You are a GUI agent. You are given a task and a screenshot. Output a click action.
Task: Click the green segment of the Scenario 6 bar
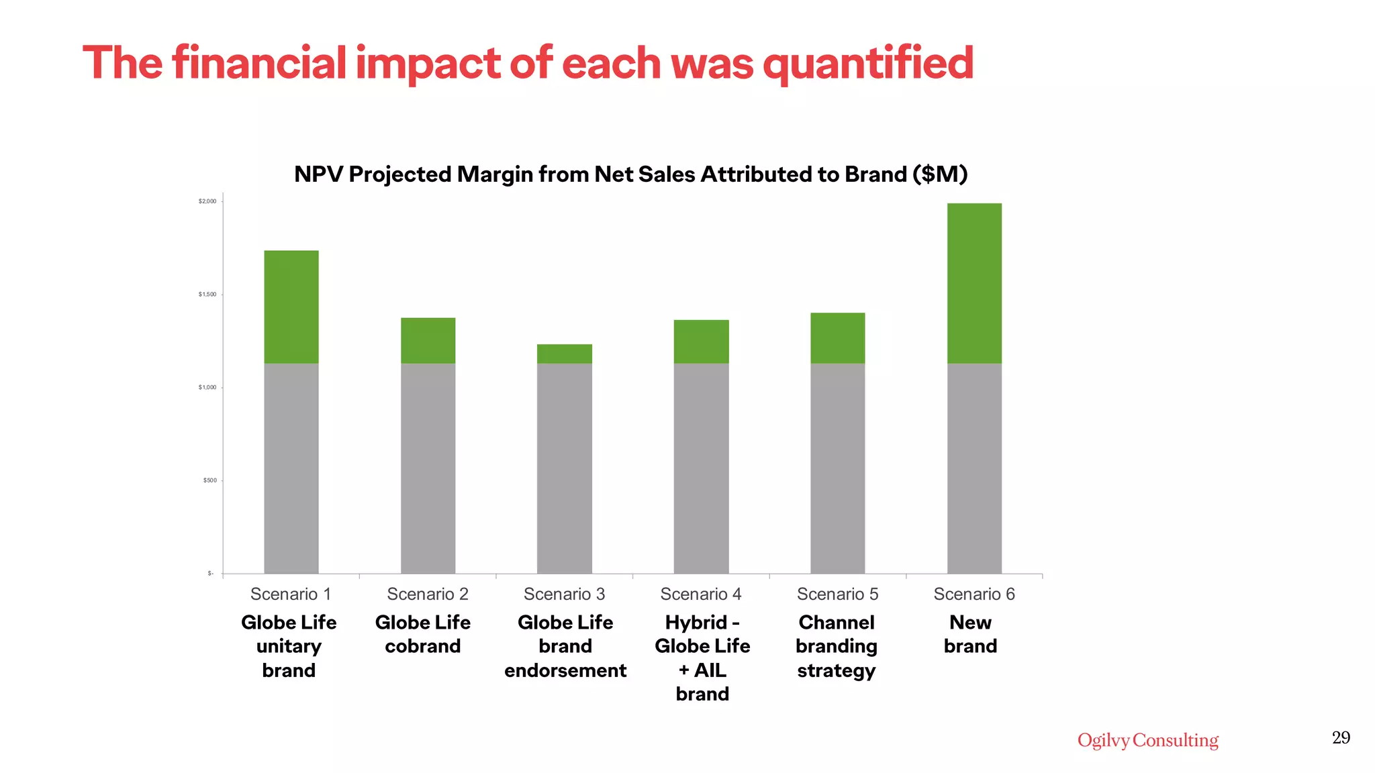(974, 283)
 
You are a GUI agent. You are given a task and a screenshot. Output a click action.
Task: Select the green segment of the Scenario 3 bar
(565, 354)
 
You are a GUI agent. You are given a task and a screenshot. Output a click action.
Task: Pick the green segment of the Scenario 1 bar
(291, 307)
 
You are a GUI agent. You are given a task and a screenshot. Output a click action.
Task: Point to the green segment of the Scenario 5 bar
(837, 338)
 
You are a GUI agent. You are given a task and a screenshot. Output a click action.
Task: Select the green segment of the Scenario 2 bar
(428, 340)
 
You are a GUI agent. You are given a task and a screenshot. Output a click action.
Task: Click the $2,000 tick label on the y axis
(207, 201)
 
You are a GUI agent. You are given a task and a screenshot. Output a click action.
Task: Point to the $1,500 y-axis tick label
(207, 295)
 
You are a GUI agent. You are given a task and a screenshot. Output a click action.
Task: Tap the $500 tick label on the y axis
(209, 480)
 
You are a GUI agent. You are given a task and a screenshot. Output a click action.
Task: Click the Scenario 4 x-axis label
(701, 594)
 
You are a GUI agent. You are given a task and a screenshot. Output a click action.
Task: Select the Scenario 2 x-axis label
(428, 594)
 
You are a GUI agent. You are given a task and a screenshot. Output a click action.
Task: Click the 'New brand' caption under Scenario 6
(970, 634)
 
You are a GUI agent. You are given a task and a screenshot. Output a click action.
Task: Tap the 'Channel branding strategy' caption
(837, 646)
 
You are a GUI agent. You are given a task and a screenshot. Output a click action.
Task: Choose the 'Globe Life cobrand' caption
(423, 634)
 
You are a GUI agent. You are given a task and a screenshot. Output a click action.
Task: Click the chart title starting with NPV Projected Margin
(630, 174)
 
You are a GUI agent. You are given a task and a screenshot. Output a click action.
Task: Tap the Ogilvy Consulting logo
(1147, 740)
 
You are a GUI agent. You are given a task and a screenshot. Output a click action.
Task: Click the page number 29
(1341, 738)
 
